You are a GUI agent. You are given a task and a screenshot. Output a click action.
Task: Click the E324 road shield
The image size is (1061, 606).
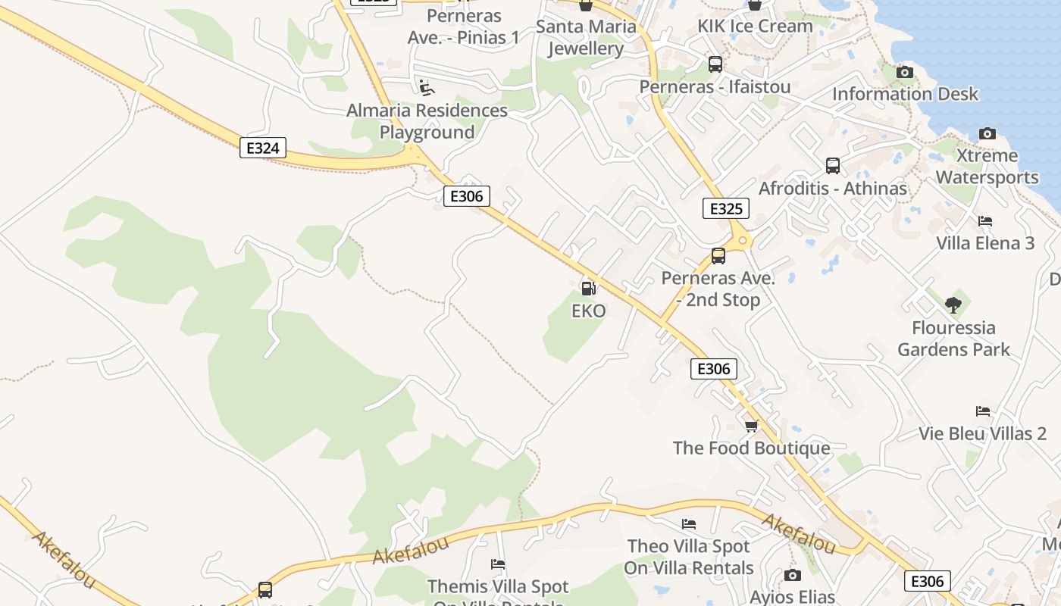[263, 148]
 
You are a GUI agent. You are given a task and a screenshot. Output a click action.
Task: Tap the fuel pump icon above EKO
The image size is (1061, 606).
[588, 288]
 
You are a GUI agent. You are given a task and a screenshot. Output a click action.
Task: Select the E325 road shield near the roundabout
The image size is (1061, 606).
[725, 208]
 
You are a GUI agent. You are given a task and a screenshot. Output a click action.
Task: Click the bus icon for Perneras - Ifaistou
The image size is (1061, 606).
[715, 64]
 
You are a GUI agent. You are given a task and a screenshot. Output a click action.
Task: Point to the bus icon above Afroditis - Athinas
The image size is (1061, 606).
[833, 166]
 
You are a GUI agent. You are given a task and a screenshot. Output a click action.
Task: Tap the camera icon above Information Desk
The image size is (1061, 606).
[904, 72]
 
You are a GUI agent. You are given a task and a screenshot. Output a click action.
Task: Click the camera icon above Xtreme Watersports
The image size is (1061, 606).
[987, 133]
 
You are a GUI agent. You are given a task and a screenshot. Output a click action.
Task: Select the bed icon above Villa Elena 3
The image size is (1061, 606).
[985, 221]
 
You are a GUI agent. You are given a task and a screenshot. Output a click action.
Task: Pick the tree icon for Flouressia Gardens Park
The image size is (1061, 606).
[953, 305]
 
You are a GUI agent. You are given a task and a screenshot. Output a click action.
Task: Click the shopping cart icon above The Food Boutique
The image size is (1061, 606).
[751, 426]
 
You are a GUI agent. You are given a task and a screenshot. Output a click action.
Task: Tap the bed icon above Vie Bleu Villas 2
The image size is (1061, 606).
[983, 411]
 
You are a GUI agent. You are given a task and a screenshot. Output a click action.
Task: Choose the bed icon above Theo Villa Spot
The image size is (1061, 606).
[689, 523]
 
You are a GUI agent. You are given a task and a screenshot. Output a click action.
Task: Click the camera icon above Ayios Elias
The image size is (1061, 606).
[793, 575]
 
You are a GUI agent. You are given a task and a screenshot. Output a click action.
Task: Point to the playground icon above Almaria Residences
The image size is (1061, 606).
[427, 88]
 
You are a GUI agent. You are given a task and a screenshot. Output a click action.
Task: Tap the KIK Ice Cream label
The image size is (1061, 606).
[755, 26]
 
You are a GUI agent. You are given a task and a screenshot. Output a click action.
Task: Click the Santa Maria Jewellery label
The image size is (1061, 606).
[586, 38]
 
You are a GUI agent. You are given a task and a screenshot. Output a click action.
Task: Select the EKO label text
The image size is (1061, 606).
[588, 311]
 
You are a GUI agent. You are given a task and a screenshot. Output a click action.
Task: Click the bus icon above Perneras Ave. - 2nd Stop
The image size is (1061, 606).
[718, 256]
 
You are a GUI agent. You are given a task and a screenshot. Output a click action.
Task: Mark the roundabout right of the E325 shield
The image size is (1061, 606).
[743, 241]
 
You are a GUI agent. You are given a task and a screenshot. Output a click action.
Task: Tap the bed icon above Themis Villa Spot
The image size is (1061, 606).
[498, 564]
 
